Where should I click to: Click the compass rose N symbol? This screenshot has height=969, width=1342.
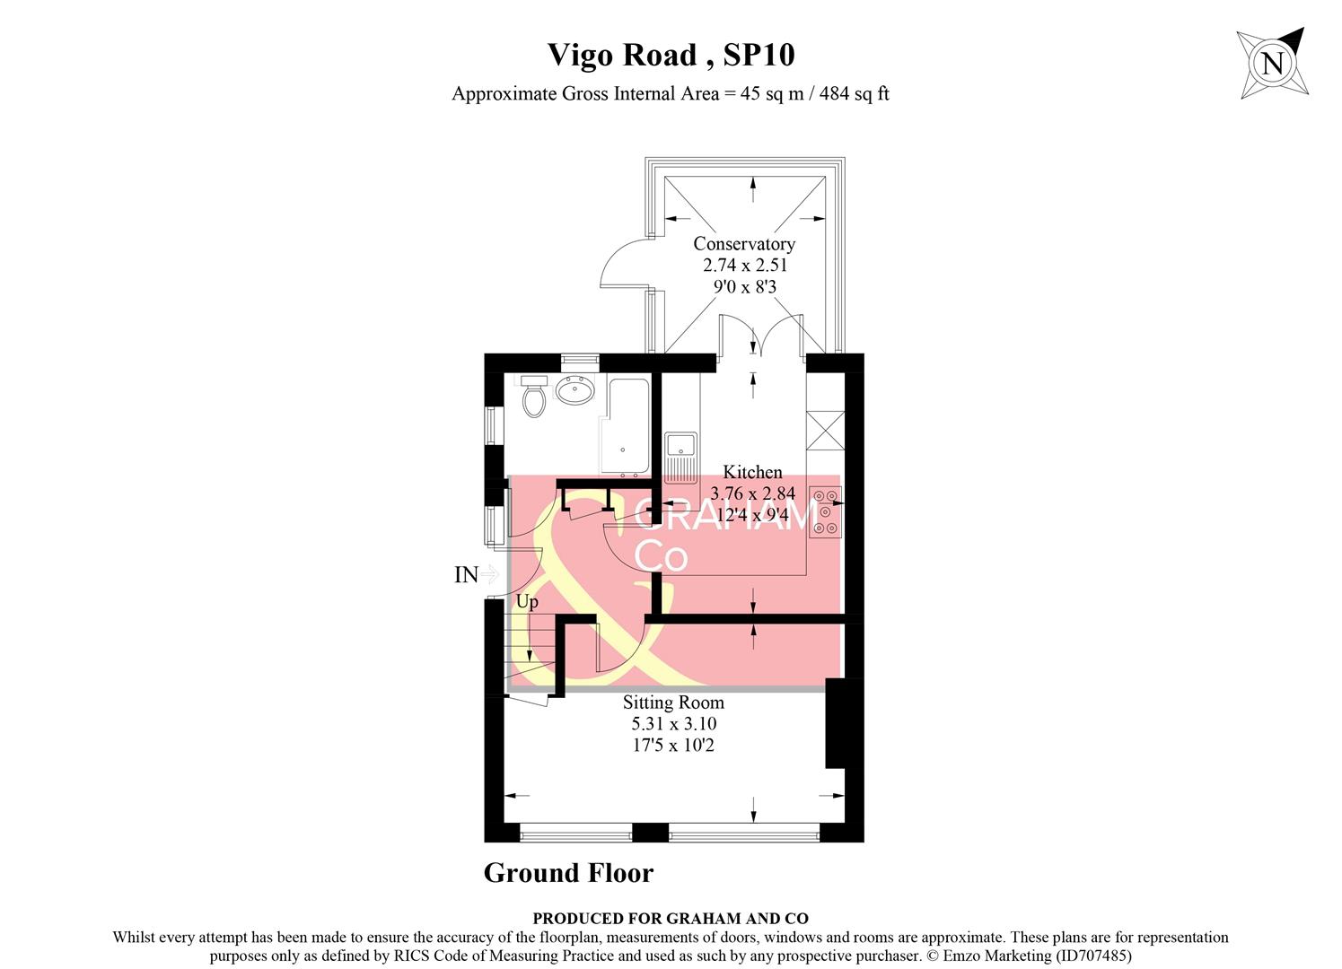pyautogui.click(x=1271, y=64)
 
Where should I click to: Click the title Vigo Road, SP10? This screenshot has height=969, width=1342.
pyautogui.click(x=671, y=56)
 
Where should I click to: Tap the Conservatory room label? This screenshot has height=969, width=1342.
pyautogui.click(x=744, y=244)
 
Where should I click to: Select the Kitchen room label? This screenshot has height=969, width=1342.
pyautogui.click(x=752, y=472)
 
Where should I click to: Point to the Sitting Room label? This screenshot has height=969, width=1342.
pyautogui.click(x=673, y=703)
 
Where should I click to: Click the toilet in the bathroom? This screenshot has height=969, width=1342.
pyautogui.click(x=534, y=397)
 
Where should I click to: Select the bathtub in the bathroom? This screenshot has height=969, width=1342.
pyautogui.click(x=627, y=425)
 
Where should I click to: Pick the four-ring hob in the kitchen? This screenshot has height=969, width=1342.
pyautogui.click(x=825, y=511)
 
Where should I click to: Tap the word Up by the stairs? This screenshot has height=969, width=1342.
pyautogui.click(x=527, y=602)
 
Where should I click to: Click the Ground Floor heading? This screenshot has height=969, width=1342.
pyautogui.click(x=568, y=873)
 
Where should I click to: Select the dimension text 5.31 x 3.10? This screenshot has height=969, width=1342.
pyautogui.click(x=674, y=724)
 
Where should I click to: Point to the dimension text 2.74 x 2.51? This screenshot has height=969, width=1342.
pyautogui.click(x=744, y=266)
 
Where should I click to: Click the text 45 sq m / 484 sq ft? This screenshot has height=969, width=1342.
pyautogui.click(x=814, y=93)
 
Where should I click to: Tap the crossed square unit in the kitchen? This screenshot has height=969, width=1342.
pyautogui.click(x=825, y=429)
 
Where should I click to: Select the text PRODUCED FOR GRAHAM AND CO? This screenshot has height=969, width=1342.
pyautogui.click(x=671, y=918)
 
